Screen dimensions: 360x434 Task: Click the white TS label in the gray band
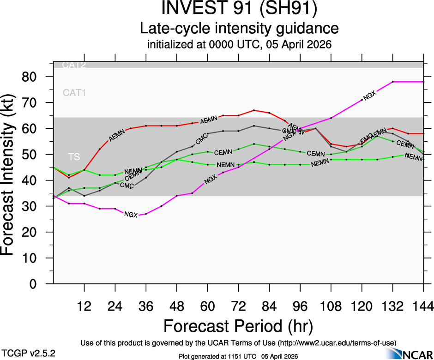(x=74, y=157)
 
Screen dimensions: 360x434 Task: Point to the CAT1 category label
(x=74, y=93)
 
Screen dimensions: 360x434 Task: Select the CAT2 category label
(x=74, y=65)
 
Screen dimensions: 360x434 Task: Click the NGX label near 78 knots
(x=370, y=96)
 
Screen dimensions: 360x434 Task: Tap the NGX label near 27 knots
(x=131, y=215)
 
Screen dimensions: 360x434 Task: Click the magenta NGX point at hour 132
(x=392, y=82)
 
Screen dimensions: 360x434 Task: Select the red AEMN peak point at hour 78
(x=254, y=110)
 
